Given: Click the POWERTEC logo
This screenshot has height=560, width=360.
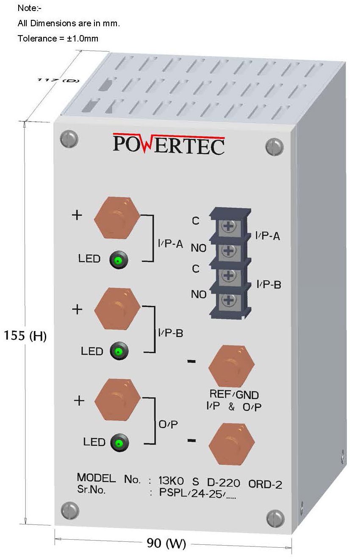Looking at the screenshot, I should [169, 145].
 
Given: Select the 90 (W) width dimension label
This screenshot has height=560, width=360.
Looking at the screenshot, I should [166, 543].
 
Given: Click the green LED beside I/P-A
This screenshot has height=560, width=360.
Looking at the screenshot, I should [118, 260].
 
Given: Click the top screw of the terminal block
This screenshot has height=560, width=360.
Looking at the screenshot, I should [228, 227].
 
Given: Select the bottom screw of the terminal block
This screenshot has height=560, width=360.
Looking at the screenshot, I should [228, 301].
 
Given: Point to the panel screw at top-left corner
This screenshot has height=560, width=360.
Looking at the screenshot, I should [69, 139].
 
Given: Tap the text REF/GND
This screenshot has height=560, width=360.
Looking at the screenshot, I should [234, 395].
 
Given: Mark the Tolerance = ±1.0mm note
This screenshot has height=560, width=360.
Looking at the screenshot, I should [58, 39].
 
